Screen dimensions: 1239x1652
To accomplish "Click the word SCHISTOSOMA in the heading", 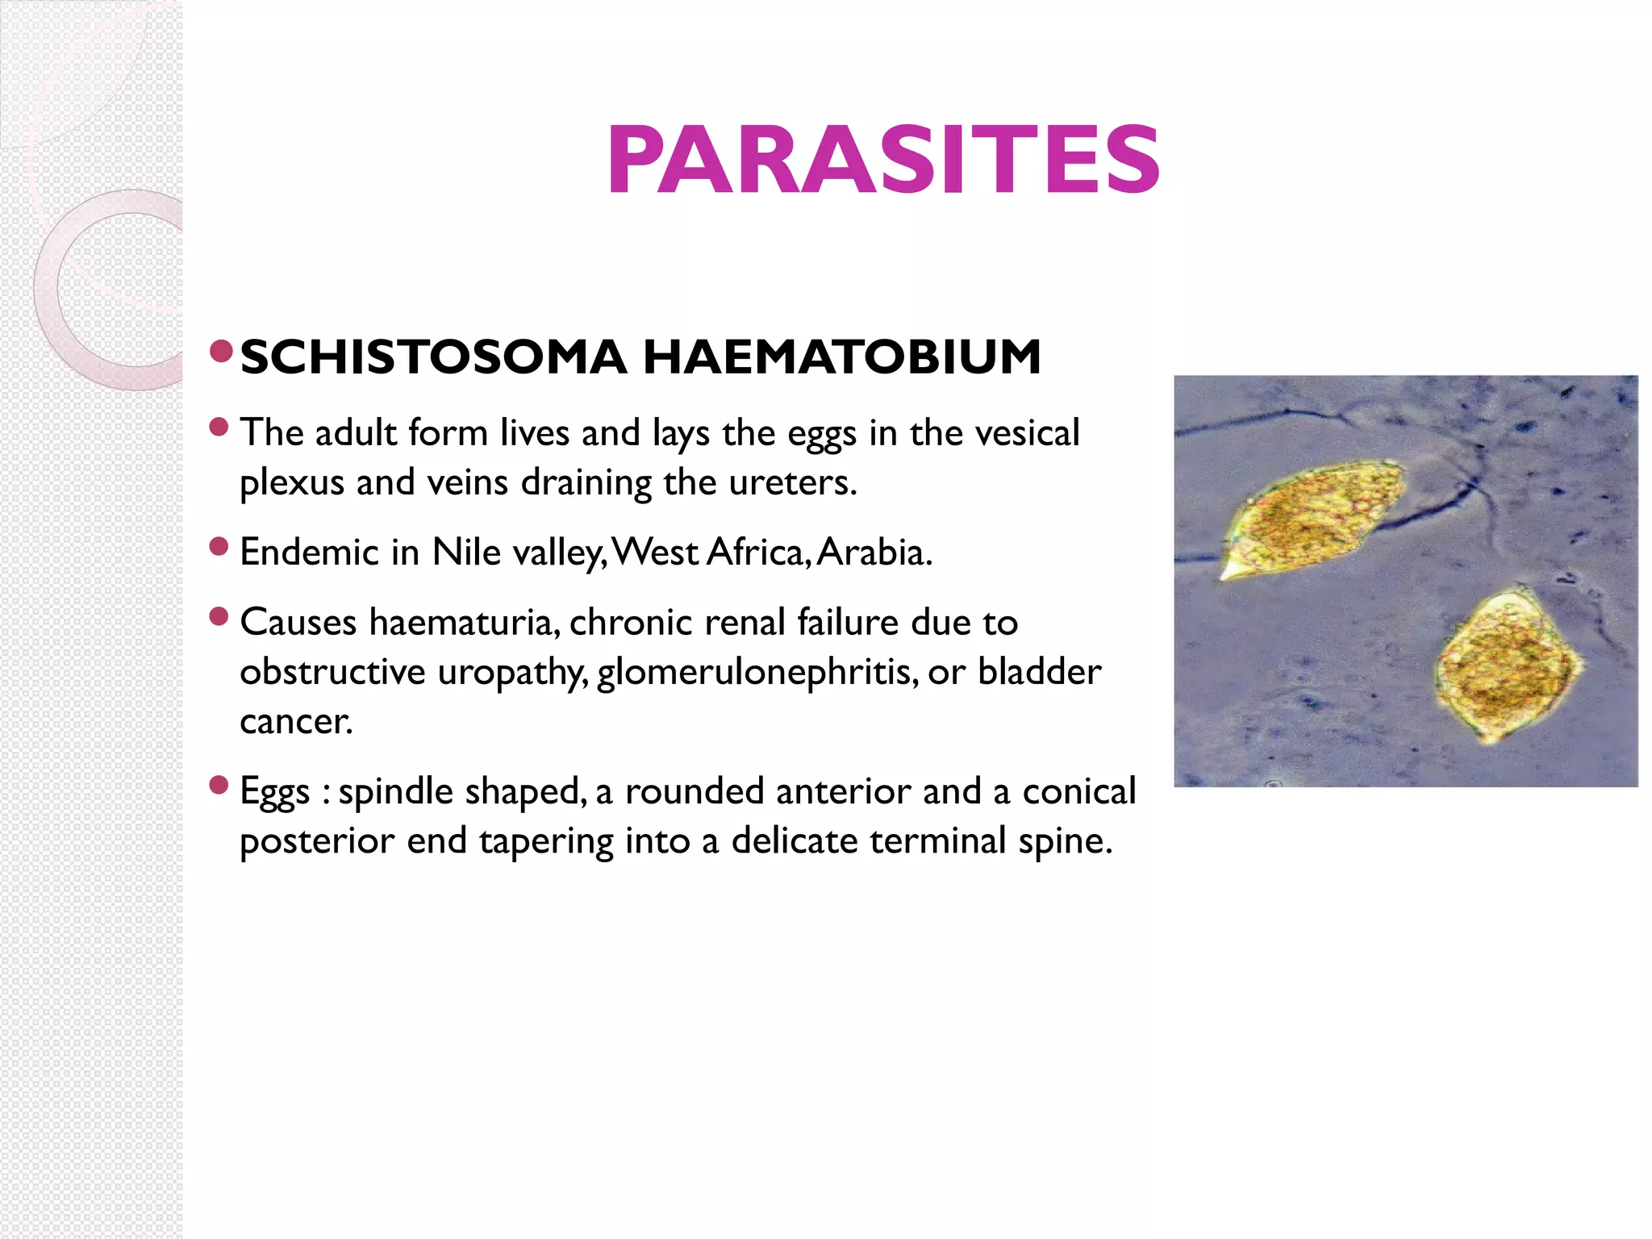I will (433, 357).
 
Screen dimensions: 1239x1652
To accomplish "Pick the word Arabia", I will (874, 553).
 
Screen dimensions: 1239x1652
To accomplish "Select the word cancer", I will (295, 722).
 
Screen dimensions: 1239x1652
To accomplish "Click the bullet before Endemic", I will (219, 547).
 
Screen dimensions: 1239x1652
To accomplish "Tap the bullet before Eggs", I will (219, 785).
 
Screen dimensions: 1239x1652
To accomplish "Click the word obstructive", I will (332, 672).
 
